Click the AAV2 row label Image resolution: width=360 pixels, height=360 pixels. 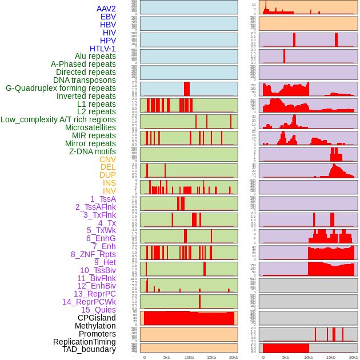tap(106, 9)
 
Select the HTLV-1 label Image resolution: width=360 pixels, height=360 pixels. tap(102, 49)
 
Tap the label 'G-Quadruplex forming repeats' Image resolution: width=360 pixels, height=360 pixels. tap(61, 88)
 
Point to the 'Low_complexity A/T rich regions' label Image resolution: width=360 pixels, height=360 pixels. tap(58, 119)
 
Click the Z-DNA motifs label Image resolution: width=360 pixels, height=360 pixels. tap(92, 151)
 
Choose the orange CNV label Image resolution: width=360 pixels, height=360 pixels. tap(107, 159)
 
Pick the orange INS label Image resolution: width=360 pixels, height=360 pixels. tap(109, 183)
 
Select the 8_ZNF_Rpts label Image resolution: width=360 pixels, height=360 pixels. tap(93, 254)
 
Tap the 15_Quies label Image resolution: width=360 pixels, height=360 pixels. tap(98, 310)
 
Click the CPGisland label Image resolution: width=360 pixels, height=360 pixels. tap(97, 318)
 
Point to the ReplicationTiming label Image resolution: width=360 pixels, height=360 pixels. tap(84, 342)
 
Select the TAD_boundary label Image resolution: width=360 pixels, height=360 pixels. tap(89, 349)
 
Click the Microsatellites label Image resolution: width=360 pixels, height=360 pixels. tap(90, 127)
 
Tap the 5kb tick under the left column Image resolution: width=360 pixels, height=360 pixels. tap(167, 357)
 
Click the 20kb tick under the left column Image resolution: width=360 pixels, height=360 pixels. tap(233, 357)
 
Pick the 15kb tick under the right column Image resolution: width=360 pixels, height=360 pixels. tap(330, 357)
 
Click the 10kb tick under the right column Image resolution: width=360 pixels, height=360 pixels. tap(309, 357)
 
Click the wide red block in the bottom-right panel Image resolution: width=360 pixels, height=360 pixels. tap(286, 348)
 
